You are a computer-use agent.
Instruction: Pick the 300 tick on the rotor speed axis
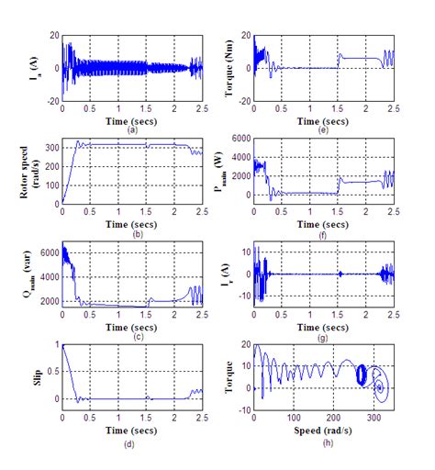(48, 146)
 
